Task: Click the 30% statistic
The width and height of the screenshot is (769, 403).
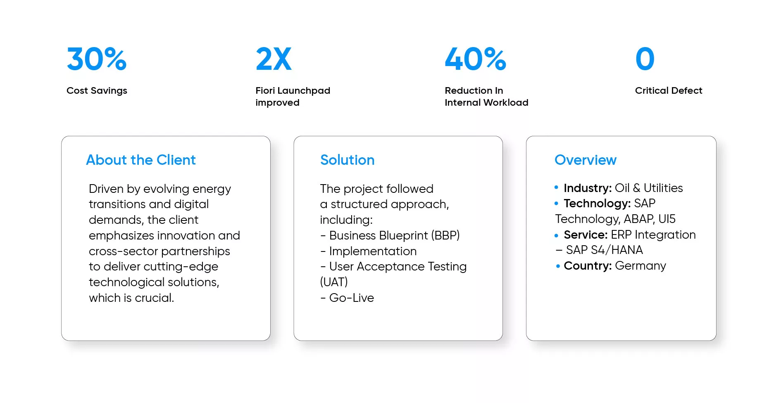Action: point(97,59)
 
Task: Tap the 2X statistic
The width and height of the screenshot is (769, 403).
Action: point(274,59)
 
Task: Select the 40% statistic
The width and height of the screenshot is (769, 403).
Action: point(475,59)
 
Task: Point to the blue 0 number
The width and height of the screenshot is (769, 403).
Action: point(645,59)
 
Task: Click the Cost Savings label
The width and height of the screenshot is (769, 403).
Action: point(97,91)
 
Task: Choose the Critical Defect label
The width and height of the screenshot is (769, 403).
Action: point(669,90)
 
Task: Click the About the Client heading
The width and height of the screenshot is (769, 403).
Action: point(141,160)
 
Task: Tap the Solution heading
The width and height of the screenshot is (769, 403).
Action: point(348,160)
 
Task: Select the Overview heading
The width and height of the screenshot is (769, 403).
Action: point(586,160)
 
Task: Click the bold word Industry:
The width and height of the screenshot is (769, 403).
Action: point(588,188)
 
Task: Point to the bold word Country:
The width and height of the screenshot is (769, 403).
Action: point(588,266)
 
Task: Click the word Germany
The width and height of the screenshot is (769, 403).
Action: point(640,266)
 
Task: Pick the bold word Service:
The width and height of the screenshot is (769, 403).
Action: point(586,235)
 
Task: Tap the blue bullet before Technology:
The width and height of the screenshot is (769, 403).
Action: point(556,204)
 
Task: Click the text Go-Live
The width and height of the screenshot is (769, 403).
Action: point(352,298)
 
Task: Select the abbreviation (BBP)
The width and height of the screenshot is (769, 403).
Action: point(445,235)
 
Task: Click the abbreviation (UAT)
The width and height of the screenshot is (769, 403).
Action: point(334,282)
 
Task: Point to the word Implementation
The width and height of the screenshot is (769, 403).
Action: point(373,251)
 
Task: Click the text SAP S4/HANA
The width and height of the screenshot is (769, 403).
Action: point(605,250)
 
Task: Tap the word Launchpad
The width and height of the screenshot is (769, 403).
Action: point(304,91)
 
